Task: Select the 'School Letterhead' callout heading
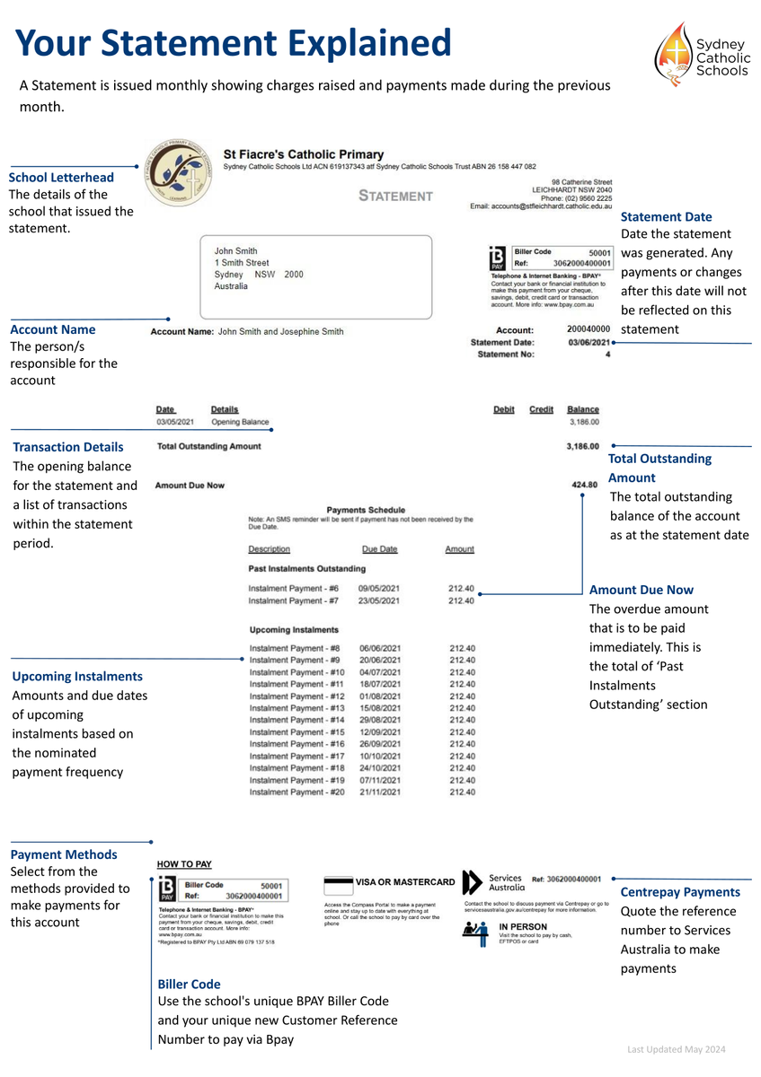click(x=61, y=177)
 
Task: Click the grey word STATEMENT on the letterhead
click(x=395, y=196)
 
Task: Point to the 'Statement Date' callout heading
click(x=666, y=216)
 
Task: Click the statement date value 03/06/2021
click(x=589, y=342)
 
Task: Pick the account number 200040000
click(x=588, y=330)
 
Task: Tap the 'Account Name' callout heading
click(x=52, y=329)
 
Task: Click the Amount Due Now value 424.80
click(x=585, y=485)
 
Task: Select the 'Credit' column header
click(x=541, y=409)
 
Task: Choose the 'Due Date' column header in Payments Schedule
click(x=379, y=548)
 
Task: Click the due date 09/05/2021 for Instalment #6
click(x=379, y=588)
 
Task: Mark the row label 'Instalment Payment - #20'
click(x=296, y=792)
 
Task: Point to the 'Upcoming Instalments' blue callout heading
click(x=77, y=676)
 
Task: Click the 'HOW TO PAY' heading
click(x=184, y=864)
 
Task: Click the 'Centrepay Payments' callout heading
click(x=680, y=892)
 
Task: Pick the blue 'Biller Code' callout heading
click(x=189, y=984)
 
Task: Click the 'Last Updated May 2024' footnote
click(x=676, y=1049)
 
